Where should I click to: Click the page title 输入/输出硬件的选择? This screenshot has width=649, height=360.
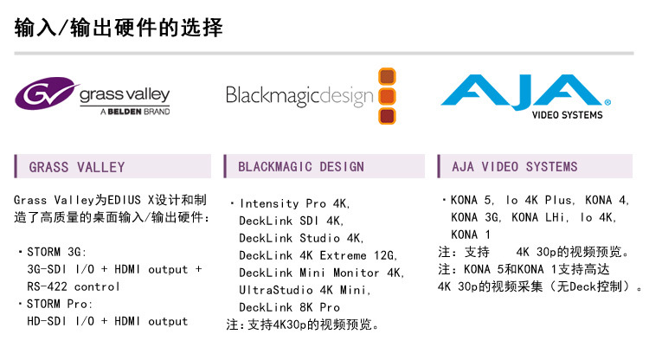click(119, 28)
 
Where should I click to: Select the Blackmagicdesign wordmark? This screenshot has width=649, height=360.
click(299, 95)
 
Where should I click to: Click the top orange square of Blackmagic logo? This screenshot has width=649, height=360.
click(387, 76)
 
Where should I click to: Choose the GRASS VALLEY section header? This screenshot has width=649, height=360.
click(77, 167)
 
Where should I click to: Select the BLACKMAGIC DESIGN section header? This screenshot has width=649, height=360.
click(301, 166)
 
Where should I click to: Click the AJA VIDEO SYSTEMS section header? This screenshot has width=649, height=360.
click(515, 166)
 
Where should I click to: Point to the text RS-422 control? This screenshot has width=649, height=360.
click(74, 286)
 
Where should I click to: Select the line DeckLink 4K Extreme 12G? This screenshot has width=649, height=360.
click(318, 255)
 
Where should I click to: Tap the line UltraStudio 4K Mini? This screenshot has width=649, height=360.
click(305, 290)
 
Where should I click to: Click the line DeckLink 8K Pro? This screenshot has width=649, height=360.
click(289, 307)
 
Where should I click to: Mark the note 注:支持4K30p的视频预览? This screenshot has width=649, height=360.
click(303, 325)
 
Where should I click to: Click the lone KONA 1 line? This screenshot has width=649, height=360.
click(471, 235)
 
